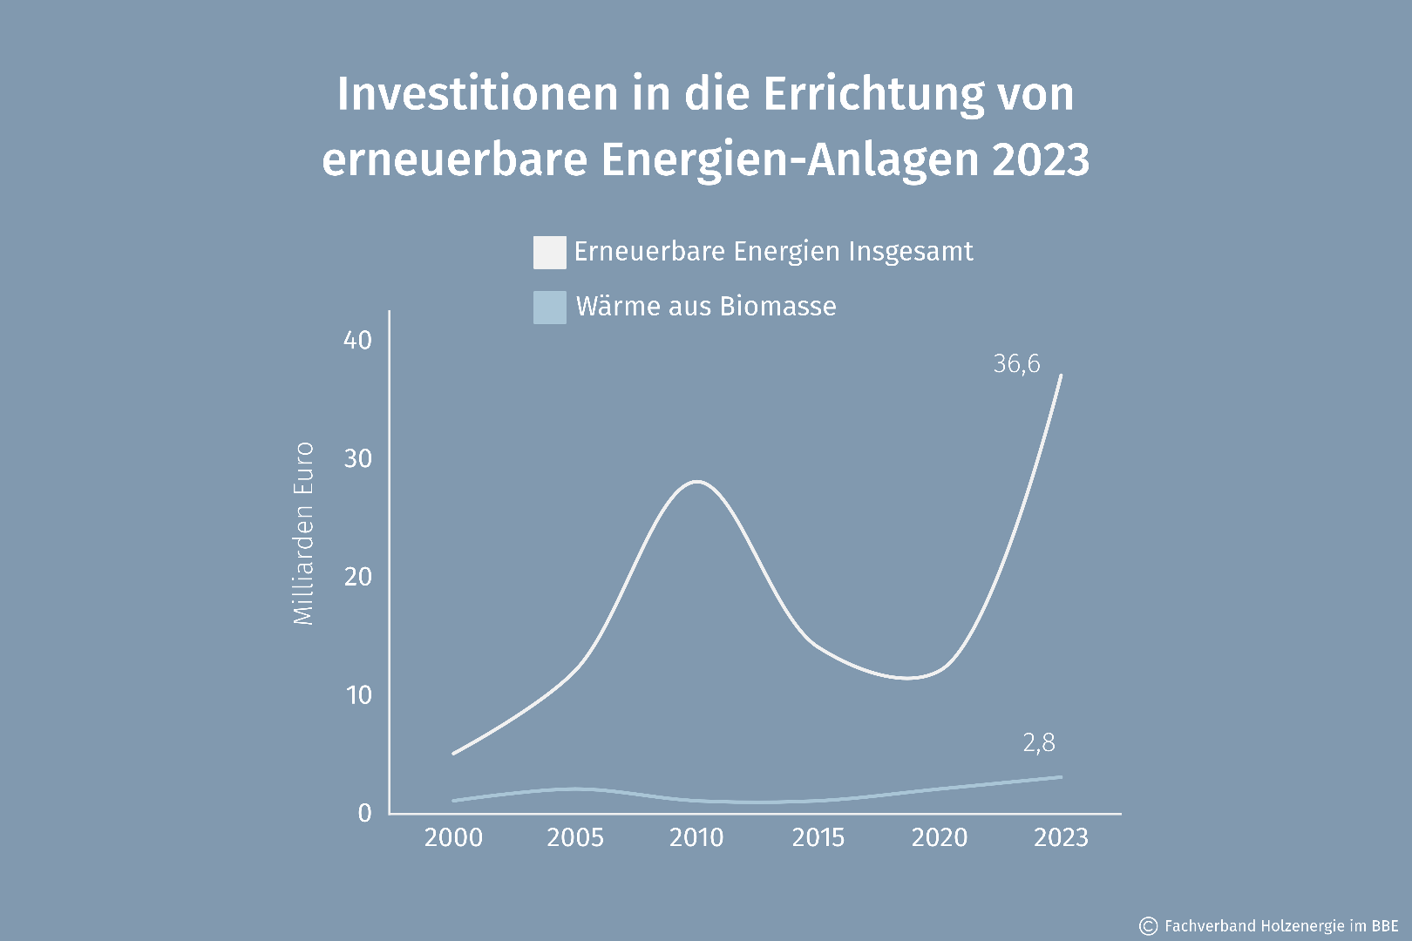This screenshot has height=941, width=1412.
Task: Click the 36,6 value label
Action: pos(1016,364)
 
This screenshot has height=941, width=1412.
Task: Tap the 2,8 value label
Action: pos(1038,743)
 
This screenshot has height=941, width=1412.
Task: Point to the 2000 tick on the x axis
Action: pos(453,837)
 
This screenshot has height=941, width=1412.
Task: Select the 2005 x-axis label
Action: pos(575,837)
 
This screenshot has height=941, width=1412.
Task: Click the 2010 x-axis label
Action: pos(696,837)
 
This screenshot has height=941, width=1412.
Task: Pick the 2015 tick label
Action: pos(818,837)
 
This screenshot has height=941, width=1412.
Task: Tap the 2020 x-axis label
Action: pos(940,837)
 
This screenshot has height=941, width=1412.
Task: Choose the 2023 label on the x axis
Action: pos(1061,837)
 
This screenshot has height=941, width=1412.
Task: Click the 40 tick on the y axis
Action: pos(357,340)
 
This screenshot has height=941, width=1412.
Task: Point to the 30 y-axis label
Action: pos(357,458)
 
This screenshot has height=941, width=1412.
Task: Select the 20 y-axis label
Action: pos(357,577)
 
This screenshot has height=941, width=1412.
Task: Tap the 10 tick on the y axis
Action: pos(358,695)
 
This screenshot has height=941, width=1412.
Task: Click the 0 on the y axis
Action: pos(364,813)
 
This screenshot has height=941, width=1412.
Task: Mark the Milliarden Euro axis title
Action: pos(302,533)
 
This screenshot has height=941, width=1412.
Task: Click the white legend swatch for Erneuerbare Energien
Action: pos(549,252)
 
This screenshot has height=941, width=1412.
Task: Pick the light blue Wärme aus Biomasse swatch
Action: pos(549,307)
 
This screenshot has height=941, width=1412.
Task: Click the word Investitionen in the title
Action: pos(478,94)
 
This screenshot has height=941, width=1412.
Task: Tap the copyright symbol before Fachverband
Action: pos(1149,925)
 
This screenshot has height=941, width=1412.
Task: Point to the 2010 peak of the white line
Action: pos(697,481)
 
